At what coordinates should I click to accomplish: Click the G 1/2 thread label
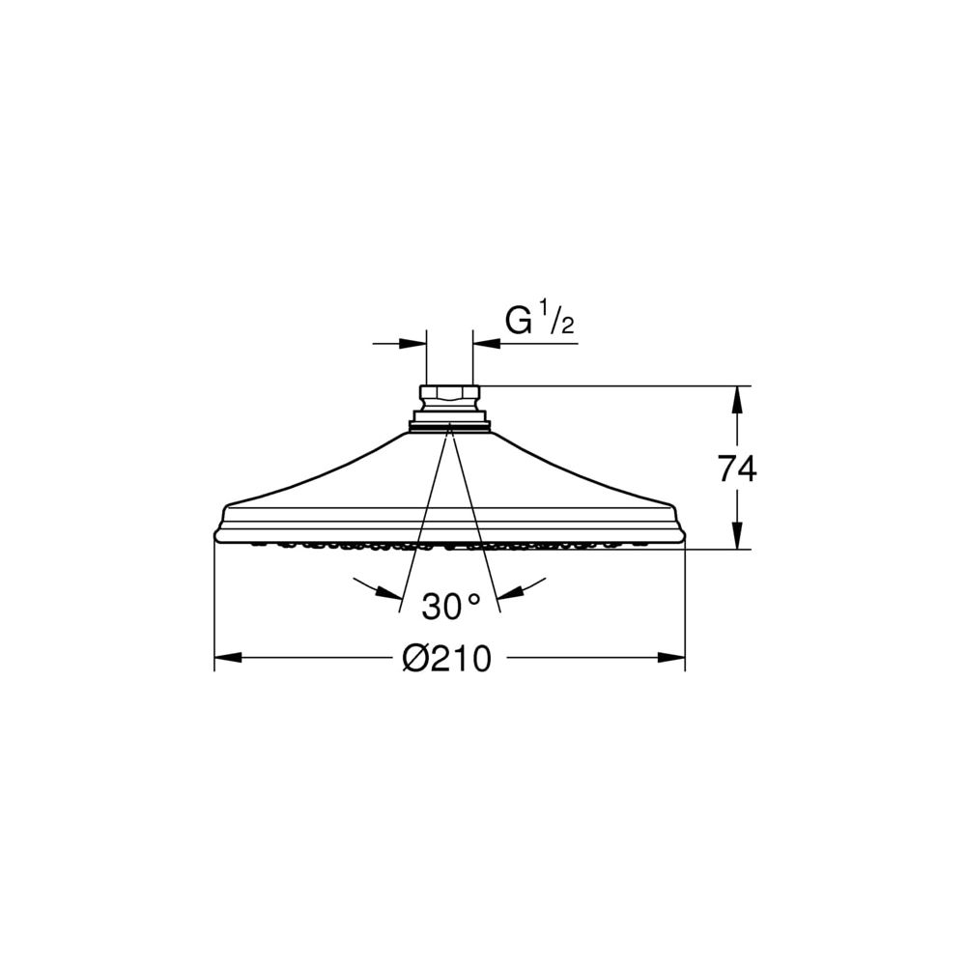click(x=540, y=321)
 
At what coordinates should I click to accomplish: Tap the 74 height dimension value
click(x=737, y=470)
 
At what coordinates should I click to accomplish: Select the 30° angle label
click(x=451, y=607)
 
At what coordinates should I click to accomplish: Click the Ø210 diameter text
click(x=447, y=659)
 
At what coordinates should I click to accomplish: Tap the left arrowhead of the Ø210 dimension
click(x=227, y=658)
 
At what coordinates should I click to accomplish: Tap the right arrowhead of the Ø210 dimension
click(x=671, y=658)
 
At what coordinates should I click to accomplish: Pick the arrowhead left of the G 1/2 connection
click(x=412, y=343)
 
